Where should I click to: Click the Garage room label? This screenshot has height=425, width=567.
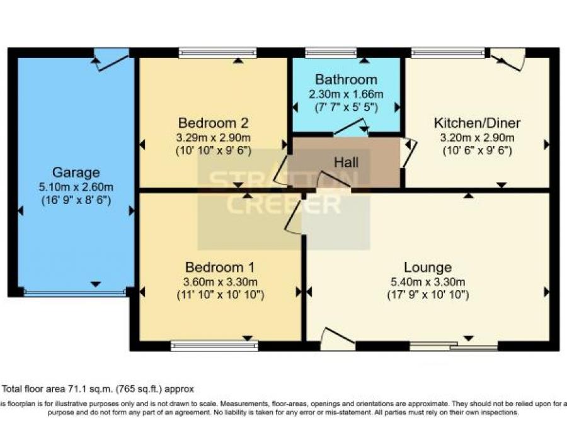pyautogui.click(x=76, y=173)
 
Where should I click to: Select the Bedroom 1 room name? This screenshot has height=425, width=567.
pyautogui.click(x=220, y=267)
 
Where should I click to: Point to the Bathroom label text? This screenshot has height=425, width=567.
pyautogui.click(x=346, y=80)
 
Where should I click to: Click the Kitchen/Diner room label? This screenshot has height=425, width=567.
pyautogui.click(x=476, y=122)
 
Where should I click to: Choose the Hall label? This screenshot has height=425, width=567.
pyautogui.click(x=346, y=162)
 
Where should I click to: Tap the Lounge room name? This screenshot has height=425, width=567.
pyautogui.click(x=428, y=267)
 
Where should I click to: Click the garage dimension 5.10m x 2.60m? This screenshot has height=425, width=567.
pyautogui.click(x=76, y=186)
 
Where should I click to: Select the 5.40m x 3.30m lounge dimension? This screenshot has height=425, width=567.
pyautogui.click(x=428, y=281)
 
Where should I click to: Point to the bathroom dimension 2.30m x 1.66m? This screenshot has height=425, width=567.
pyautogui.click(x=346, y=94)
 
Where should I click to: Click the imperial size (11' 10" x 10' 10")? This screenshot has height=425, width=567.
pyautogui.click(x=220, y=295)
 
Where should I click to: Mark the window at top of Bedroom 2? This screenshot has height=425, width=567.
pyautogui.click(x=217, y=53)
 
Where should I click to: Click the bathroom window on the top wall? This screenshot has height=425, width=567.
pyautogui.click(x=331, y=53)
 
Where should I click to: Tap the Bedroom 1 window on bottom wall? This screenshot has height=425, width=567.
pyautogui.click(x=214, y=345)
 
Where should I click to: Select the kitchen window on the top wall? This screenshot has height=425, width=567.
pyautogui.click(x=448, y=53)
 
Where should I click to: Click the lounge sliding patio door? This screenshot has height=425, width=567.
pyautogui.click(x=454, y=346)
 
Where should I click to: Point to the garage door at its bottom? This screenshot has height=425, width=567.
pyautogui.click(x=75, y=292)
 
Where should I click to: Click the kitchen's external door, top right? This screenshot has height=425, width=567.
pyautogui.click(x=508, y=59)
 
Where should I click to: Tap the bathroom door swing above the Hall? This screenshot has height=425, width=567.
pyautogui.click(x=350, y=127)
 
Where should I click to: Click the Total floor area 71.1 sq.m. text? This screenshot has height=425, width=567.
pyautogui.click(x=98, y=388)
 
